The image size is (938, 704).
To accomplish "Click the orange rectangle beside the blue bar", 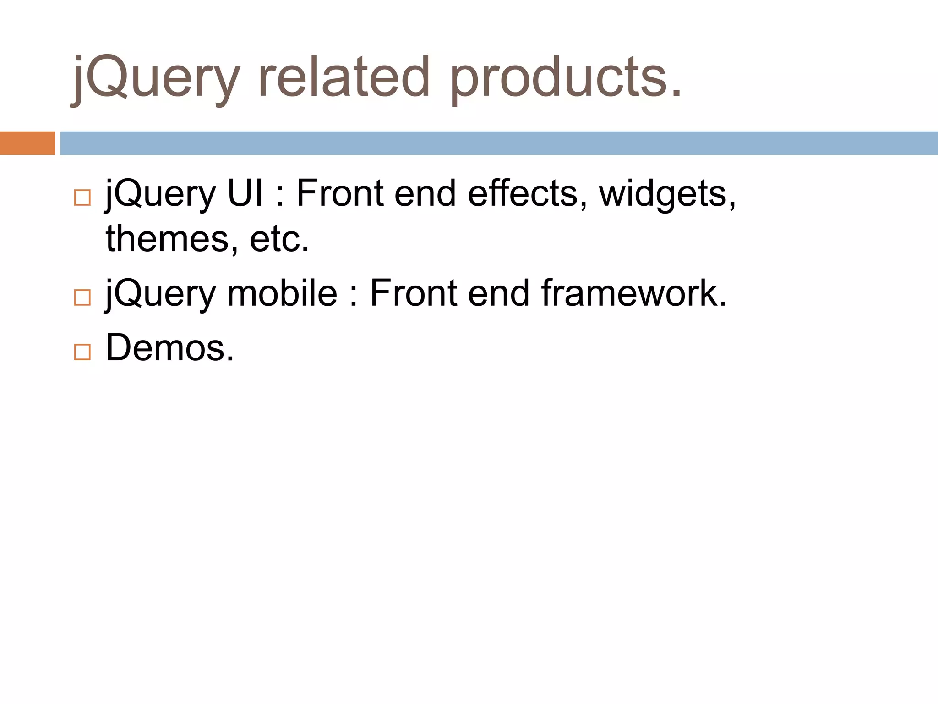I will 27,143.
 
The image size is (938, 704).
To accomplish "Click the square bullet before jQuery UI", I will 82,198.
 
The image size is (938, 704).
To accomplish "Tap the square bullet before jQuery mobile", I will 82,297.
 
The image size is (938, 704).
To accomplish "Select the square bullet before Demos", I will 82,352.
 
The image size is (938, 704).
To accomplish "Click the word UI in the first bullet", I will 245,193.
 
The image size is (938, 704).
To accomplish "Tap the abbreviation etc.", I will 279,240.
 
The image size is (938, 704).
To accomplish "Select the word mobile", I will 282,293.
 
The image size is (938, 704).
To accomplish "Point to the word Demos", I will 169,347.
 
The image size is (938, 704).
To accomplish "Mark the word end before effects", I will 425,193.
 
